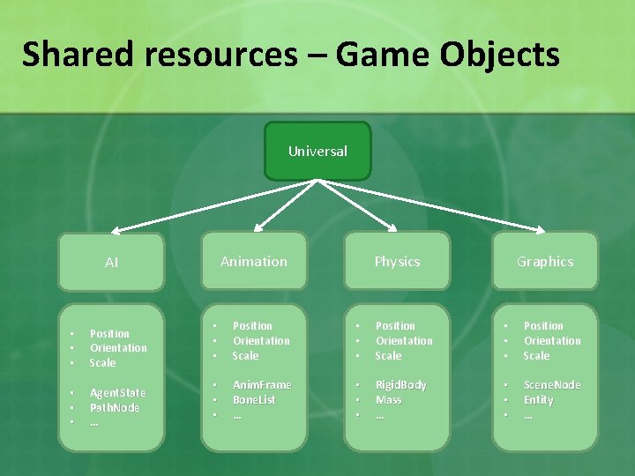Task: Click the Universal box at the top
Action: coord(317,152)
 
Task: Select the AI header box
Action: coord(111,262)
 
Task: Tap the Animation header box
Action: coord(254,261)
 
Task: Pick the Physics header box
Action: coord(397,261)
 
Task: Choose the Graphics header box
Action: coord(545,261)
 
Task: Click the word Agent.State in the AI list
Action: coord(118,392)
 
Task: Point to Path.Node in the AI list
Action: coord(115,407)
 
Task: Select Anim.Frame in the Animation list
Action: coord(261,384)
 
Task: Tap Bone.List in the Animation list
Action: coord(254,399)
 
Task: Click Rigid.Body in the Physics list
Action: coord(400,384)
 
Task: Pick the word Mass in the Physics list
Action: coord(388,399)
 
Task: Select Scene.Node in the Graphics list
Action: coord(552,384)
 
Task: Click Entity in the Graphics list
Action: coord(538,399)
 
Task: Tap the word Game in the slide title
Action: coord(381,55)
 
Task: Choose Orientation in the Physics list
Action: coord(404,340)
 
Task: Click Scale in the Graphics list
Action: coord(536,355)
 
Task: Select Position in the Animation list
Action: coord(252,325)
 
